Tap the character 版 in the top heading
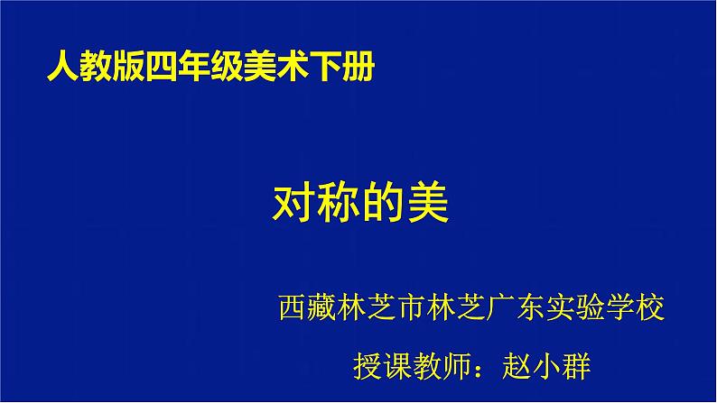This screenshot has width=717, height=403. [x=128, y=67]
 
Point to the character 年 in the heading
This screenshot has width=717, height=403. [x=194, y=67]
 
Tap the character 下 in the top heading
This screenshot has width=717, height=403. [x=326, y=67]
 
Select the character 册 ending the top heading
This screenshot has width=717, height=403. [x=359, y=67]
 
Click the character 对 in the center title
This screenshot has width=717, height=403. [x=294, y=203]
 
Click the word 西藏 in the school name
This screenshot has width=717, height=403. [x=308, y=307]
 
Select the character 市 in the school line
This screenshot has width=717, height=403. [x=413, y=307]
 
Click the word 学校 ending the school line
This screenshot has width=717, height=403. [x=635, y=307]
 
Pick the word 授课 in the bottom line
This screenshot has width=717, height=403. [x=382, y=366]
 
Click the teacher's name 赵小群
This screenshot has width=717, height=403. [x=546, y=366]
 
